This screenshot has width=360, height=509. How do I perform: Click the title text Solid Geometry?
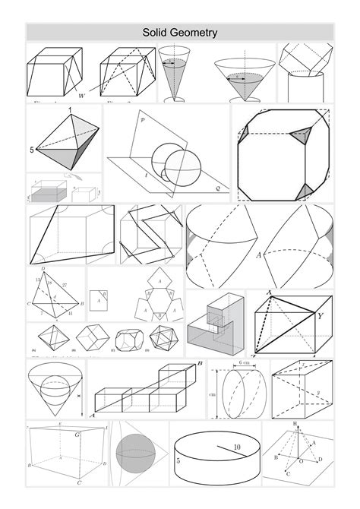pos(180,33)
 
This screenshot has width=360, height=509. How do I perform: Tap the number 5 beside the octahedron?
pos(32,150)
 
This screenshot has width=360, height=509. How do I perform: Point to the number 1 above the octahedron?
pos(71,112)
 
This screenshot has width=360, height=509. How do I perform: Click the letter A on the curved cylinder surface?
pos(259,255)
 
